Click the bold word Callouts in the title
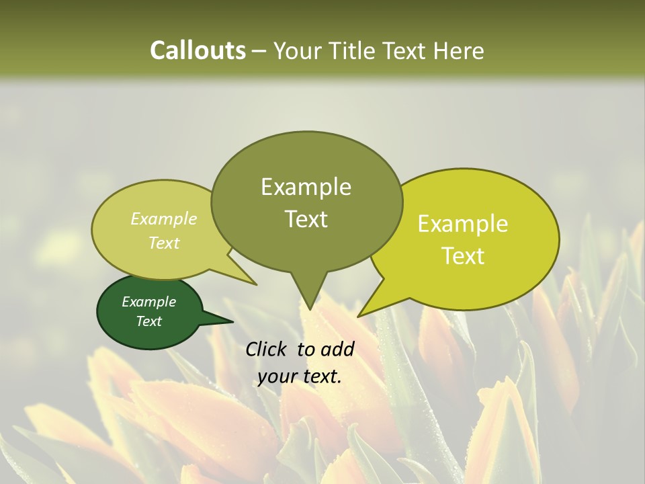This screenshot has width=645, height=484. coord(198,50)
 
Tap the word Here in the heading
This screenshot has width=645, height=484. coord(459,50)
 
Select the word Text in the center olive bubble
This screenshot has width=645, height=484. coord(306,218)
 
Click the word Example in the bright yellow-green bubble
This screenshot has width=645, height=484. coord(463,224)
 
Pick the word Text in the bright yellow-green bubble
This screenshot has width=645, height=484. coord(463,256)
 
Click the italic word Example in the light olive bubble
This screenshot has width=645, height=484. coord(163,218)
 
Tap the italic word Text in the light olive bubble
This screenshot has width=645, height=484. coord(163,243)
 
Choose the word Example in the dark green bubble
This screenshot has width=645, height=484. coord(148,302)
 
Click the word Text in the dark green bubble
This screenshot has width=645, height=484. coord(148,321)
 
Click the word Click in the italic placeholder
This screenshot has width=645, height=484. coord(267,349)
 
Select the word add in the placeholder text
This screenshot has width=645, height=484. coord(337,349)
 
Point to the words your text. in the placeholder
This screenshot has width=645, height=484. coord(300,376)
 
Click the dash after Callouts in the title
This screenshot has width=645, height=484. coord(260,51)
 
